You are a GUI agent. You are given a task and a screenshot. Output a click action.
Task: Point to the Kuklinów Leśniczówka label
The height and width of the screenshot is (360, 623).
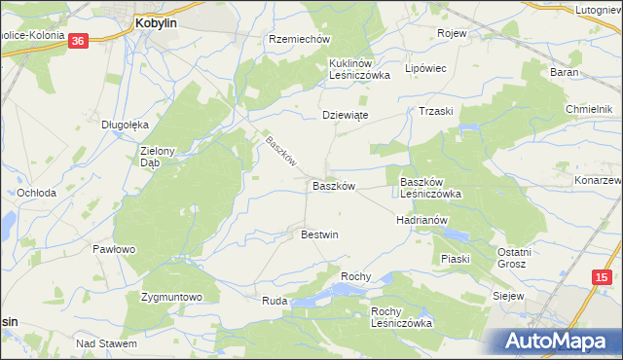click(358, 68)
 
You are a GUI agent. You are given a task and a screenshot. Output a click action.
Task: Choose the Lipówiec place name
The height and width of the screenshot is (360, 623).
click(424, 69)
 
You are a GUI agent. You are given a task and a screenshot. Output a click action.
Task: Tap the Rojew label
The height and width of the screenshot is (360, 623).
click(453, 33)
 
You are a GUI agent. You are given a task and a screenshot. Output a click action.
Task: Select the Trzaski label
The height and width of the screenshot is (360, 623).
click(437, 111)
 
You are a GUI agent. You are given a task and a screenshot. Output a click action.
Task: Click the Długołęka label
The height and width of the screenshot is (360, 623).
click(125, 125)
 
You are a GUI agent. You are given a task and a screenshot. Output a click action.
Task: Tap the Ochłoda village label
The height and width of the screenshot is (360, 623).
click(37, 193)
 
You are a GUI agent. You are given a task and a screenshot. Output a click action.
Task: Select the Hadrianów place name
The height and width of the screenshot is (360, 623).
click(421, 220)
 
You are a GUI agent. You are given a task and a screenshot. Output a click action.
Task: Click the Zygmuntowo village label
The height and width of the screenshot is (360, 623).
click(171, 296)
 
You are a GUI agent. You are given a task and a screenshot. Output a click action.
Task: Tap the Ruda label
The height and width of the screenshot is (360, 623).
click(275, 302)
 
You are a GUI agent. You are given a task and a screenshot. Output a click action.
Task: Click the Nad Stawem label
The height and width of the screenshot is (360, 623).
click(106, 343)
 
